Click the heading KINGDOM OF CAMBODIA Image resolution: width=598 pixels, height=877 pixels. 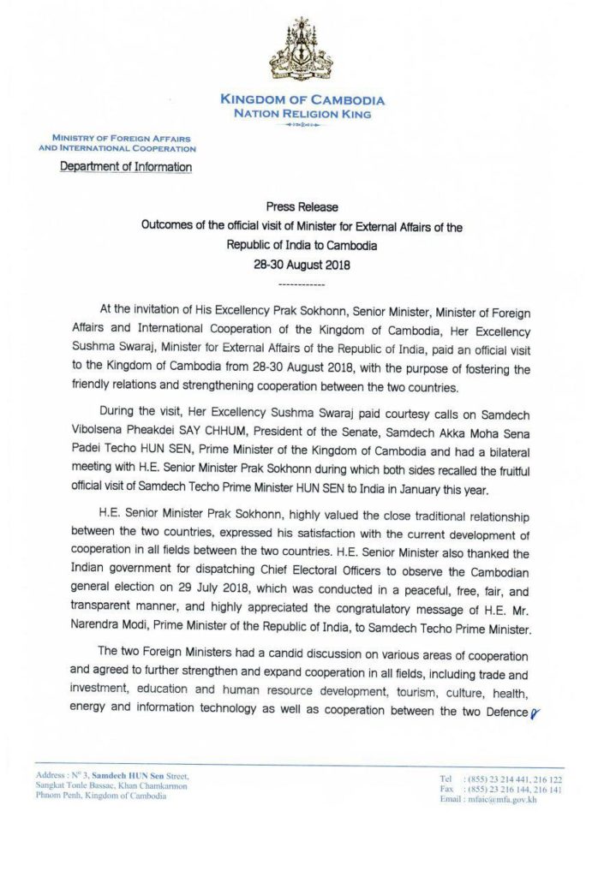[302, 100]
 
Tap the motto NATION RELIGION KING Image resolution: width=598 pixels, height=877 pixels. [302, 113]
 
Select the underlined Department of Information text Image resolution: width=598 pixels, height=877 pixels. [126, 167]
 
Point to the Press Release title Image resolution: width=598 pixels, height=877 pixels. [302, 207]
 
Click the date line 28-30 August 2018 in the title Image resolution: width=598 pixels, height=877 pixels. [302, 264]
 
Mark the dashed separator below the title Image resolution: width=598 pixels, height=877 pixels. [302, 283]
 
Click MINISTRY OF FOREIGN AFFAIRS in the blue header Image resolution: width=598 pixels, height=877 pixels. [121, 138]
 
